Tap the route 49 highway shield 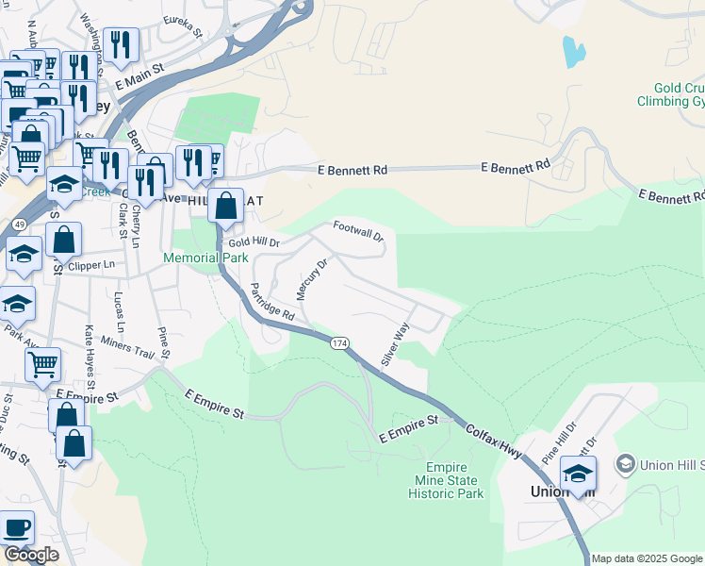[x=19, y=223]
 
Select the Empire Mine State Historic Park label [x=454, y=481]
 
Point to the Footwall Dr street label [x=359, y=231]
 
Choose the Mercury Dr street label [x=311, y=279]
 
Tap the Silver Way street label [x=394, y=345]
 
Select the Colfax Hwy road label [x=498, y=441]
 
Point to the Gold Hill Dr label [x=249, y=242]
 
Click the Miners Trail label [x=127, y=353]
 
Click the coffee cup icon [x=16, y=527]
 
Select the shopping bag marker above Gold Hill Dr [x=226, y=205]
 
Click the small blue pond [x=573, y=51]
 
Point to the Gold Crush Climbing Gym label [x=670, y=93]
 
